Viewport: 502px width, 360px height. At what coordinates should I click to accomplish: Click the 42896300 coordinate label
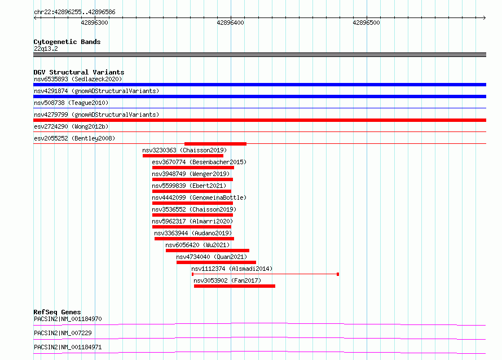click(94, 23)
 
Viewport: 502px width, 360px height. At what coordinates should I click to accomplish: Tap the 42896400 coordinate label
click(230, 23)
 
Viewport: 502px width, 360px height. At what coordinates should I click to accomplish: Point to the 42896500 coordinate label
click(366, 23)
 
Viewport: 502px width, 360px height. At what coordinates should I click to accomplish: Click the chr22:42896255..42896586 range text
click(74, 12)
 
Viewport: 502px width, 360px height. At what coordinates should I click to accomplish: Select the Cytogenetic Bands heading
click(67, 42)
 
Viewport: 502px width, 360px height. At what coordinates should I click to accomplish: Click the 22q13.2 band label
click(46, 49)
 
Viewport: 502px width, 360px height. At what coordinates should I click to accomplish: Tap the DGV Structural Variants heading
click(79, 72)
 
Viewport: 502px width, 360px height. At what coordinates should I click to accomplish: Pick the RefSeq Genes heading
click(57, 312)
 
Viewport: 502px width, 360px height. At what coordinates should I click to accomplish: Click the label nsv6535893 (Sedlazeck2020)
click(78, 79)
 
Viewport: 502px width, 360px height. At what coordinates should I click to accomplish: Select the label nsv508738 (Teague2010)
click(71, 103)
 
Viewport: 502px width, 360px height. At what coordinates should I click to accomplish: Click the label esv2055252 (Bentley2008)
click(74, 138)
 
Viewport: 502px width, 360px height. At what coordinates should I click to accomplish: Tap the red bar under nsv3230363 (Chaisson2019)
click(183, 156)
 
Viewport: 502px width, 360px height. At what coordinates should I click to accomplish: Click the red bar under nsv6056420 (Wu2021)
click(208, 251)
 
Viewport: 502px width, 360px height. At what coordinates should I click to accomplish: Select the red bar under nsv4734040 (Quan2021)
click(216, 262)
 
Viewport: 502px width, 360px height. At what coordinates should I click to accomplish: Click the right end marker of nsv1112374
click(338, 274)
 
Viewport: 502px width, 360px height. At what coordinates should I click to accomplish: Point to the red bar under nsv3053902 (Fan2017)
click(234, 286)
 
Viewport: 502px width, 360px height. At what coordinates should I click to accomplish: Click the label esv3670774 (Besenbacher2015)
click(199, 162)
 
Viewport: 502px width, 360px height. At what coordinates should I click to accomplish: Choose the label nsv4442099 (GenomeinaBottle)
click(199, 197)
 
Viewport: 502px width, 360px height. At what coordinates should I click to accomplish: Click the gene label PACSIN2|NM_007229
click(63, 333)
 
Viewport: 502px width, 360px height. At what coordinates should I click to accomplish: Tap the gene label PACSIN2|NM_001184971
click(68, 347)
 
